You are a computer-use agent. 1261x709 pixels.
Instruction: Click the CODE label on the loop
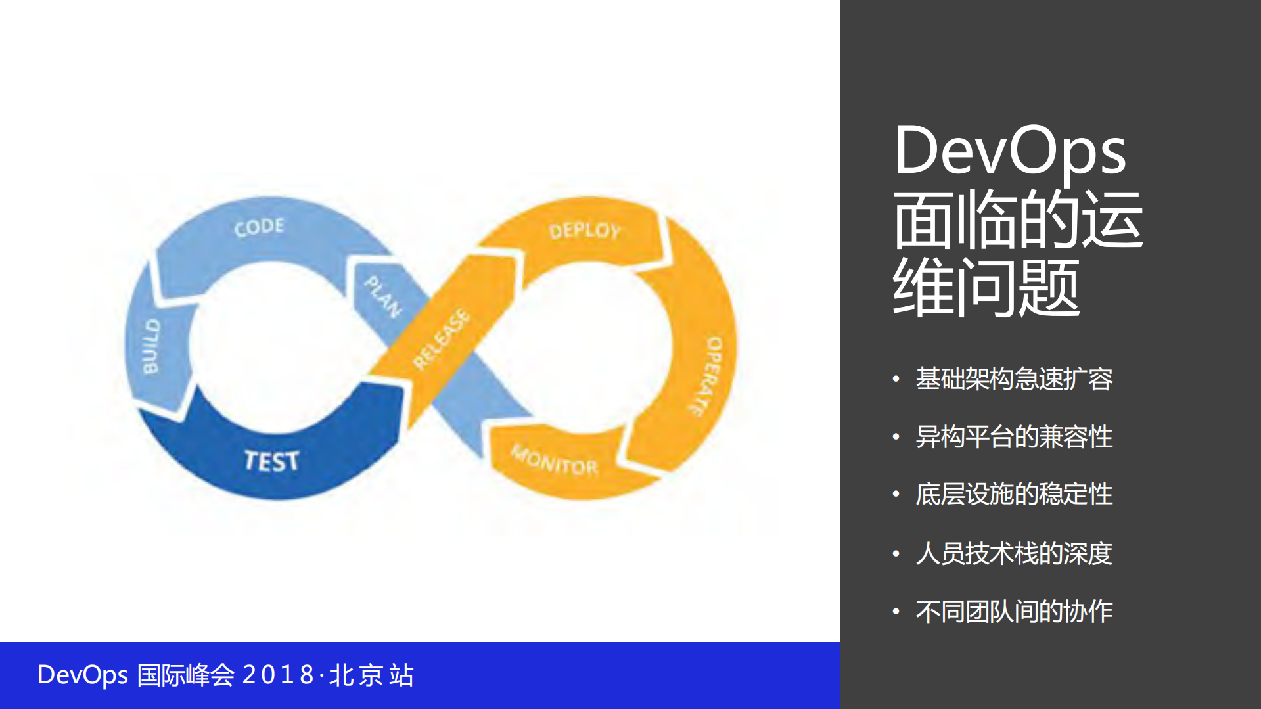259,227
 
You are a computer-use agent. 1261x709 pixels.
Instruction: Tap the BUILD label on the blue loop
151,346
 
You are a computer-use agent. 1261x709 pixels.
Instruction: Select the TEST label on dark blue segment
271,461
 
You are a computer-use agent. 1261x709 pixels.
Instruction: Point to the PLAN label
383,297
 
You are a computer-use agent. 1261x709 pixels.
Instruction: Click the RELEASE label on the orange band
442,339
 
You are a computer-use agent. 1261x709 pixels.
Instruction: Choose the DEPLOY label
584,231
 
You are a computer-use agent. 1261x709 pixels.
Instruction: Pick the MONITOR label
555,461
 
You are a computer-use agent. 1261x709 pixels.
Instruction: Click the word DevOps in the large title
1009,151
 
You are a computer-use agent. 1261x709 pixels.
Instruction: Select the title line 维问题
986,288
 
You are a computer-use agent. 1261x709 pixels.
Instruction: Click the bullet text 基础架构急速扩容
1013,379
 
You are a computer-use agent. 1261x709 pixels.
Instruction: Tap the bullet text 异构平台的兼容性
1013,437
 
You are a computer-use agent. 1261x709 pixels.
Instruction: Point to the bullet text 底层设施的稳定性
1013,494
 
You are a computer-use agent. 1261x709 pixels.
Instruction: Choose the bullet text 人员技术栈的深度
1013,553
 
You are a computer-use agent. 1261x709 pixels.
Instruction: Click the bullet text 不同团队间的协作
1013,612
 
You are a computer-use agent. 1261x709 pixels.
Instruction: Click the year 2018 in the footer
279,675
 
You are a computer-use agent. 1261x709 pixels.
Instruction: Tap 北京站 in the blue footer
371,675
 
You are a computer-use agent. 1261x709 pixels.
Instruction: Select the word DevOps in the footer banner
82,675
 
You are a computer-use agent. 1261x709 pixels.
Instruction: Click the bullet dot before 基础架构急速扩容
896,379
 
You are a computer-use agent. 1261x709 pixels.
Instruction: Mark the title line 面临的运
1017,219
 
